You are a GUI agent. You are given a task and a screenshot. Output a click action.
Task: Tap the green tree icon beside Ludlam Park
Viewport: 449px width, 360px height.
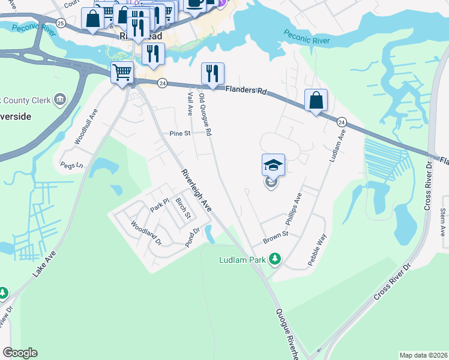(274, 259)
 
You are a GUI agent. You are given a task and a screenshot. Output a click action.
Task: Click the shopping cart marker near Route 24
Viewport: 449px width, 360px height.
(122, 73)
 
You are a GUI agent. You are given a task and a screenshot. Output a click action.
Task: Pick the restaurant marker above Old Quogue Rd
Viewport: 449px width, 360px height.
(212, 74)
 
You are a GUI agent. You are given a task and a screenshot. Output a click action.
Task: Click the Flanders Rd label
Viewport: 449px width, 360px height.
(246, 91)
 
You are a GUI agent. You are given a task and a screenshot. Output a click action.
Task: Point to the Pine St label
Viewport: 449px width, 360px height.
(179, 134)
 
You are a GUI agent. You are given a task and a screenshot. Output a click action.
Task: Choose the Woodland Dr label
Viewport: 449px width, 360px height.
(146, 233)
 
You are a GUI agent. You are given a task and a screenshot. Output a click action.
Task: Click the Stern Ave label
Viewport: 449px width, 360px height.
(443, 222)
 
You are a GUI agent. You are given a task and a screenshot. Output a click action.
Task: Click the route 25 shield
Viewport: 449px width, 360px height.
(60, 22)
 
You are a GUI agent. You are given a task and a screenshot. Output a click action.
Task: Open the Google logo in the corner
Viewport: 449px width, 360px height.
(20, 353)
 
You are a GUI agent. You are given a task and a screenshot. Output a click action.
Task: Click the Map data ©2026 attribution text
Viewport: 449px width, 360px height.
(423, 355)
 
